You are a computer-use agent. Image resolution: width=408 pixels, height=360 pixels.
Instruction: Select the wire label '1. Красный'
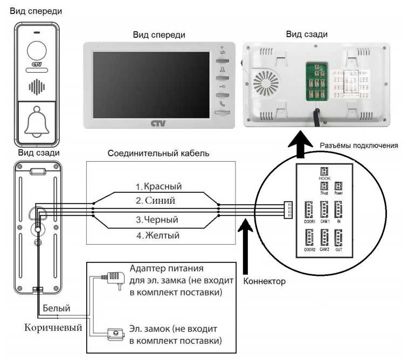pyautogui.click(x=158, y=186)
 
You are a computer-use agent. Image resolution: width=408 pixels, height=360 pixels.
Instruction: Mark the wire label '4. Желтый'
pyautogui.click(x=157, y=235)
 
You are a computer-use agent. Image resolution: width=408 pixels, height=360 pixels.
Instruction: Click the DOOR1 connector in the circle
pyautogui.click(x=309, y=209)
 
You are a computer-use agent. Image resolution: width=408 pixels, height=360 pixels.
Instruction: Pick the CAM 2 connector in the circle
pyautogui.click(x=324, y=238)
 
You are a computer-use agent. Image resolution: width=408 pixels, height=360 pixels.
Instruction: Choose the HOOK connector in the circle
pyautogui.click(x=324, y=169)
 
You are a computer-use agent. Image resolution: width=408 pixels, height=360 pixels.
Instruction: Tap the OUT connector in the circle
pyautogui.click(x=339, y=238)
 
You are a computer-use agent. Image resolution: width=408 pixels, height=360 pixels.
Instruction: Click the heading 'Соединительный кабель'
pyautogui.click(x=158, y=153)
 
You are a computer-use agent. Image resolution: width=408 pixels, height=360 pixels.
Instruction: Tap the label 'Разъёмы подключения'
pyautogui.click(x=358, y=146)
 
